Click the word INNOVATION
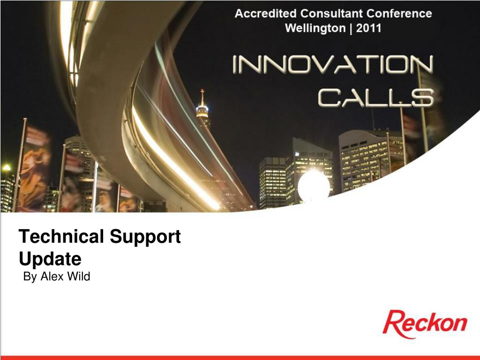coord(333,65)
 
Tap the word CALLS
coord(376,97)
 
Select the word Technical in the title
coord(61,236)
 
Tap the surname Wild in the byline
coord(79,277)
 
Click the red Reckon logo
coord(425,324)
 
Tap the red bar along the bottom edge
coord(240,358)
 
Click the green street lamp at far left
coord(7,167)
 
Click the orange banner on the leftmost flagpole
coord(35,169)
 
